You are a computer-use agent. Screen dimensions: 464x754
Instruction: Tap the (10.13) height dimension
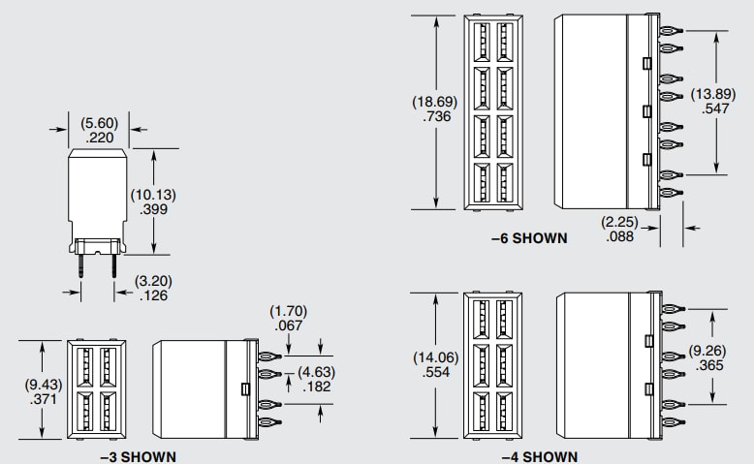pos(153,194)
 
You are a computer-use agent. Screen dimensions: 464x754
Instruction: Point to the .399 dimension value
pos(153,208)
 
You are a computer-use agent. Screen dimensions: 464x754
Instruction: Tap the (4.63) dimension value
pos(316,372)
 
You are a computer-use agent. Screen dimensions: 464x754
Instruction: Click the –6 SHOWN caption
pos(529,237)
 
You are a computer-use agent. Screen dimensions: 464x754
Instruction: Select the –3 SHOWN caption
pos(139,456)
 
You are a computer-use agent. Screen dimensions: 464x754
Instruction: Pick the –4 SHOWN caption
pos(540,456)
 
